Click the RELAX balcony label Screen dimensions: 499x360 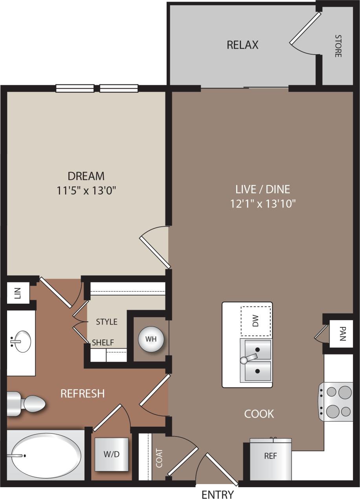[242, 45]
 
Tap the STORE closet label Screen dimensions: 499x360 [338, 46]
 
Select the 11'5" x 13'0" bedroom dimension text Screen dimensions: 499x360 [86, 191]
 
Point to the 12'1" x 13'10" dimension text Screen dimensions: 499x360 [263, 204]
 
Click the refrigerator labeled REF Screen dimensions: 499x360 [270, 456]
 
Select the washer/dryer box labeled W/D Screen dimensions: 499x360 [111, 454]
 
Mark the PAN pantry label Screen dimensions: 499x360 [342, 334]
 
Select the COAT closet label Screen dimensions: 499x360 [159, 458]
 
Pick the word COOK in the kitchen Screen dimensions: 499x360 [259, 414]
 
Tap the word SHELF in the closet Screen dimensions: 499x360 [103, 343]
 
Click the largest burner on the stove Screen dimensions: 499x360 [345, 392]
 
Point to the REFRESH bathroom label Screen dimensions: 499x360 [83, 393]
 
